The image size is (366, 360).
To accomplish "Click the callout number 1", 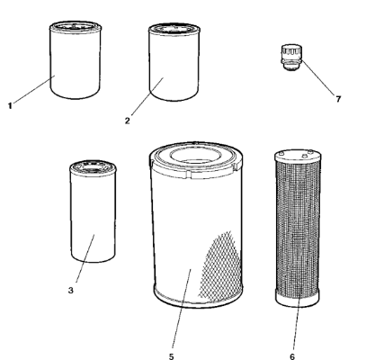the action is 10,106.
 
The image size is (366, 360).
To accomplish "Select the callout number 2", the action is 128,121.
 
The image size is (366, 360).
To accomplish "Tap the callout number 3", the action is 71,291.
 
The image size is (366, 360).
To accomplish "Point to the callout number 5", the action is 171,356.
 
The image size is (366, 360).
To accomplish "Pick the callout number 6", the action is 292,356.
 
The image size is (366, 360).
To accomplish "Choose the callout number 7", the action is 338,99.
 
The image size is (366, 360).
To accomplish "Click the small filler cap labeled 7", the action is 291,58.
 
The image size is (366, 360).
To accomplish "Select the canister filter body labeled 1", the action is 76,60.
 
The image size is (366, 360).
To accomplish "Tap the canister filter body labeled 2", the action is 174,62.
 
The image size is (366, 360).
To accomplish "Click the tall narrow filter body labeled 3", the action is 93,211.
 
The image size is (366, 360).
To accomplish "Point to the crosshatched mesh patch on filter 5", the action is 221,267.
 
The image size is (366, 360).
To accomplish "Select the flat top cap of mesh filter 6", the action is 298,157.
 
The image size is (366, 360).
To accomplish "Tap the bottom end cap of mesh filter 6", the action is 298,299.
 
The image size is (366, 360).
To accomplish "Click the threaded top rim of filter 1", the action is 76,27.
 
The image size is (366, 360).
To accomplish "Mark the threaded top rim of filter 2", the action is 174,29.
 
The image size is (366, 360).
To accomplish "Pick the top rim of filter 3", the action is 93,166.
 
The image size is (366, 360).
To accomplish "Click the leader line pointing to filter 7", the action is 318,77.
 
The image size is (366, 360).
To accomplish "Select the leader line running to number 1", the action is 33,89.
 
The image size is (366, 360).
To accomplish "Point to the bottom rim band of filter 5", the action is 198,297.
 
